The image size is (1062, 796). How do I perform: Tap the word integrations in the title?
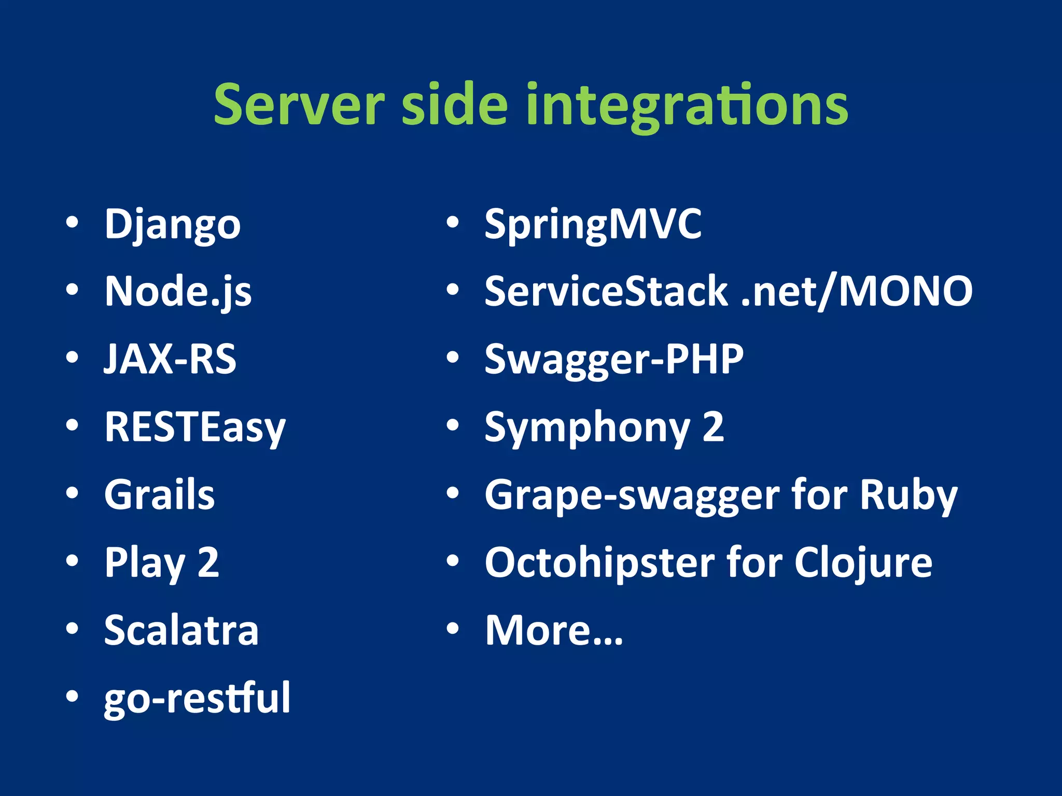coord(687,105)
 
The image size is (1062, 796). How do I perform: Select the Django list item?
coord(173,224)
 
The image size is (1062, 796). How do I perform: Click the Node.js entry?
coord(178,292)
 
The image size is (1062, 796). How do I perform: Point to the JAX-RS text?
coord(170,359)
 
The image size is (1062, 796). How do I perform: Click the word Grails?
coord(159,495)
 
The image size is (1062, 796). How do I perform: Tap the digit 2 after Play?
coord(208,562)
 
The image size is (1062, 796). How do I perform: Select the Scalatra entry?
coord(181,630)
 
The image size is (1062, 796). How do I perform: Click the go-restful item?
coord(197,698)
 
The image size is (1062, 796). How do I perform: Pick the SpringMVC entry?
coord(593,224)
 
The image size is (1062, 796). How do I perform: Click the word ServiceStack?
coord(606,292)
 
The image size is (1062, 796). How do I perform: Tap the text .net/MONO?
coord(856,292)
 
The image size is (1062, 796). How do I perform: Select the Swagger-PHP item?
coord(614,359)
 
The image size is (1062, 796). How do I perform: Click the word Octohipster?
coord(599,563)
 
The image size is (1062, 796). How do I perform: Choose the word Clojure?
coord(863,563)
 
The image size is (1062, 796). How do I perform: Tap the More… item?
coord(553,630)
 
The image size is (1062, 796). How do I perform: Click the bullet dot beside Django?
coord(72,223)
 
